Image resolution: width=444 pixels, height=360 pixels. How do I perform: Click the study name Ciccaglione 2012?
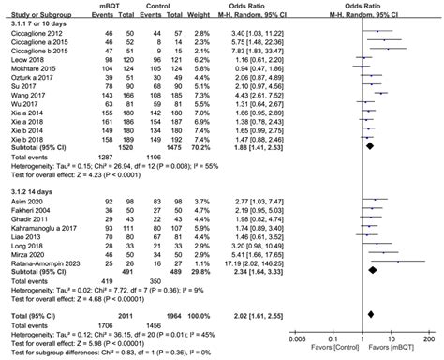point(32,32)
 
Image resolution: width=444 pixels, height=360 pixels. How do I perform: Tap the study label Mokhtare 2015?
point(28,68)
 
